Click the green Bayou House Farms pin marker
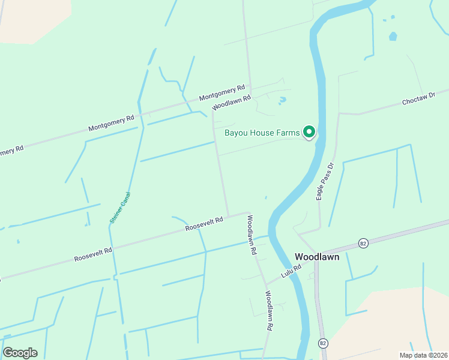(309, 131)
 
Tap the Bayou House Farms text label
(262, 133)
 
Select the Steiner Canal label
(119, 208)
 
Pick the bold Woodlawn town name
(317, 257)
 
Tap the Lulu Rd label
(291, 274)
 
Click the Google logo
(20, 352)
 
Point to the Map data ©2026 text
(423, 355)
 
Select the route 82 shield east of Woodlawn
(363, 243)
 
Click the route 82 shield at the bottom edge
(323, 343)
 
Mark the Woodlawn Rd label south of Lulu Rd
(269, 311)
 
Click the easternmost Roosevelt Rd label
(204, 224)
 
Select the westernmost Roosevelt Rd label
(93, 254)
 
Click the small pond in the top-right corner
(393, 37)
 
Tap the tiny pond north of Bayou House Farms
(282, 100)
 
